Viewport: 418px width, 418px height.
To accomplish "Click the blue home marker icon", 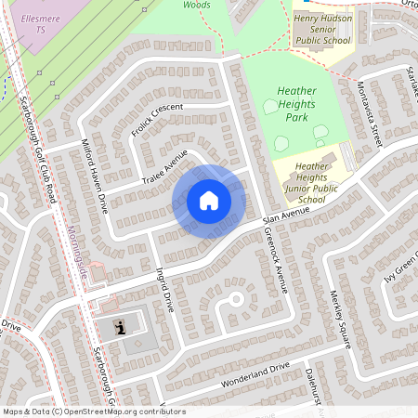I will pyautogui.click(x=209, y=201).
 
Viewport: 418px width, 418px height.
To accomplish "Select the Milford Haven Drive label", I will pyautogui.click(x=97, y=176).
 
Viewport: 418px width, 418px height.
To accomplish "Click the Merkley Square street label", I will pyautogui.click(x=340, y=321).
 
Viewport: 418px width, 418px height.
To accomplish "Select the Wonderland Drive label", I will pyautogui.click(x=255, y=375).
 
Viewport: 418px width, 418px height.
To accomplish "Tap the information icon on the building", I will pyautogui.click(x=120, y=327).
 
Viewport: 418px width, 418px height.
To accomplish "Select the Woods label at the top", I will pyautogui.click(x=197, y=6).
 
